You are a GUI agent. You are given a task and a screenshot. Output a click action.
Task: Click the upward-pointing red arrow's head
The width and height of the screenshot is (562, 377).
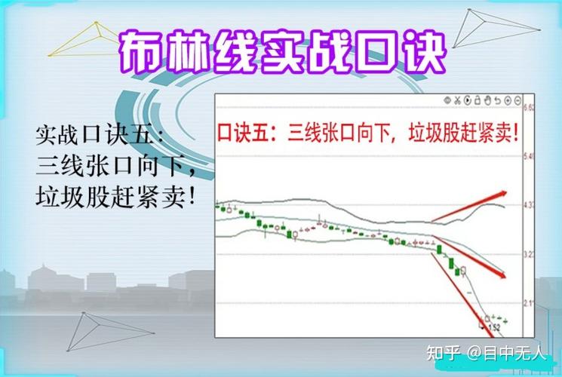tap(504, 189)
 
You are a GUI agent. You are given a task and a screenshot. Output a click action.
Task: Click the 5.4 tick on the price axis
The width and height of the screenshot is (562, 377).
tap(528, 157)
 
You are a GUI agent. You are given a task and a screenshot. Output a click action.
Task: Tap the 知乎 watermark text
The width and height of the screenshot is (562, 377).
tap(443, 352)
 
